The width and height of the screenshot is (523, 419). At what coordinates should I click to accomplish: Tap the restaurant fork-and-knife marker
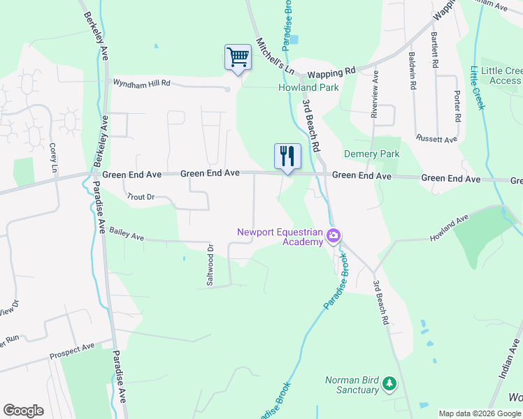pyautogui.click(x=287, y=156)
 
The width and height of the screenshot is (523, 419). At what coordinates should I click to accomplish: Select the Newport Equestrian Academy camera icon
pyautogui.click(x=334, y=235)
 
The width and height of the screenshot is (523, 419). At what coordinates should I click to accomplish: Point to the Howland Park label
pyautogui.click(x=308, y=87)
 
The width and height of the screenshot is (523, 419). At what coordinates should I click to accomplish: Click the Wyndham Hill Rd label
pyautogui.click(x=142, y=83)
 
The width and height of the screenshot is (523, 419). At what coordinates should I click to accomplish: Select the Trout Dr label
pyautogui.click(x=140, y=198)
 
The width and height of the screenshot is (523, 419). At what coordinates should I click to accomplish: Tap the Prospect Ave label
pyautogui.click(x=72, y=351)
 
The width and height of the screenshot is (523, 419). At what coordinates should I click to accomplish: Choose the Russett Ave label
pyautogui.click(x=436, y=139)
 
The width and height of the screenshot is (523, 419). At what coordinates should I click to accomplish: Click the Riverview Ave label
pyautogui.click(x=375, y=94)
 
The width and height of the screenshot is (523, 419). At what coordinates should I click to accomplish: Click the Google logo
pyautogui.click(x=23, y=411)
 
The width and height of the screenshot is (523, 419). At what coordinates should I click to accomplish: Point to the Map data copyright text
pyautogui.click(x=480, y=413)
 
